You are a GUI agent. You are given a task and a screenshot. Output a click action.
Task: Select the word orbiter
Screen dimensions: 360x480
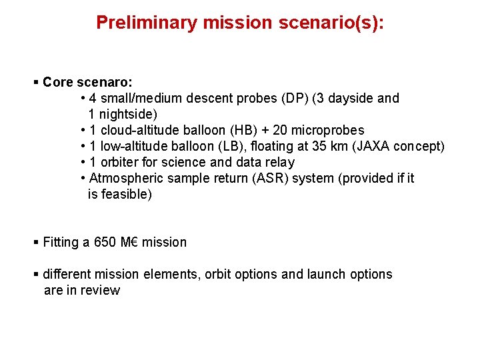(x=119, y=162)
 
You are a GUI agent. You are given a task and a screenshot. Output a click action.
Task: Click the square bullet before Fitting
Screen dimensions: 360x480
(x=36, y=242)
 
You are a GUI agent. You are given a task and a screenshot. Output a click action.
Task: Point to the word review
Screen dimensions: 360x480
(x=100, y=290)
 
